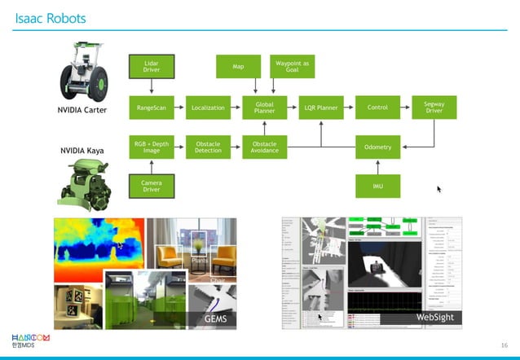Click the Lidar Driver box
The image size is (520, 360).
tap(151, 66)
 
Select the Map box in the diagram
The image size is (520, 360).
tap(238, 66)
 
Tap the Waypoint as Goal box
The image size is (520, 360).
tap(292, 66)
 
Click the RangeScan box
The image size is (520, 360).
tap(151, 107)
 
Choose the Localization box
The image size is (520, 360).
tap(208, 107)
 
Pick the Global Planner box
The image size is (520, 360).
tap(264, 107)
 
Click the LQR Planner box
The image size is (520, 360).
tap(321, 107)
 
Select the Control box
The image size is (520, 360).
tap(377, 107)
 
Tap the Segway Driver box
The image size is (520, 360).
tap(434, 107)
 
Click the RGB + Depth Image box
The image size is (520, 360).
tap(151, 147)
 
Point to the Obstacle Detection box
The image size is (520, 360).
tap(208, 147)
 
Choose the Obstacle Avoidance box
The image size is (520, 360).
tap(264, 147)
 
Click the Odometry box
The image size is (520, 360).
tap(377, 147)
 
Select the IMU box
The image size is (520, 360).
tap(377, 186)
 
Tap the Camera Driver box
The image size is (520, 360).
tap(151, 186)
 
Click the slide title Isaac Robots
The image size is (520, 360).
tap(51, 17)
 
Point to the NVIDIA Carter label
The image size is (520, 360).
tap(82, 111)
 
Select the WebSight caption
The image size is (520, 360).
tap(434, 316)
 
